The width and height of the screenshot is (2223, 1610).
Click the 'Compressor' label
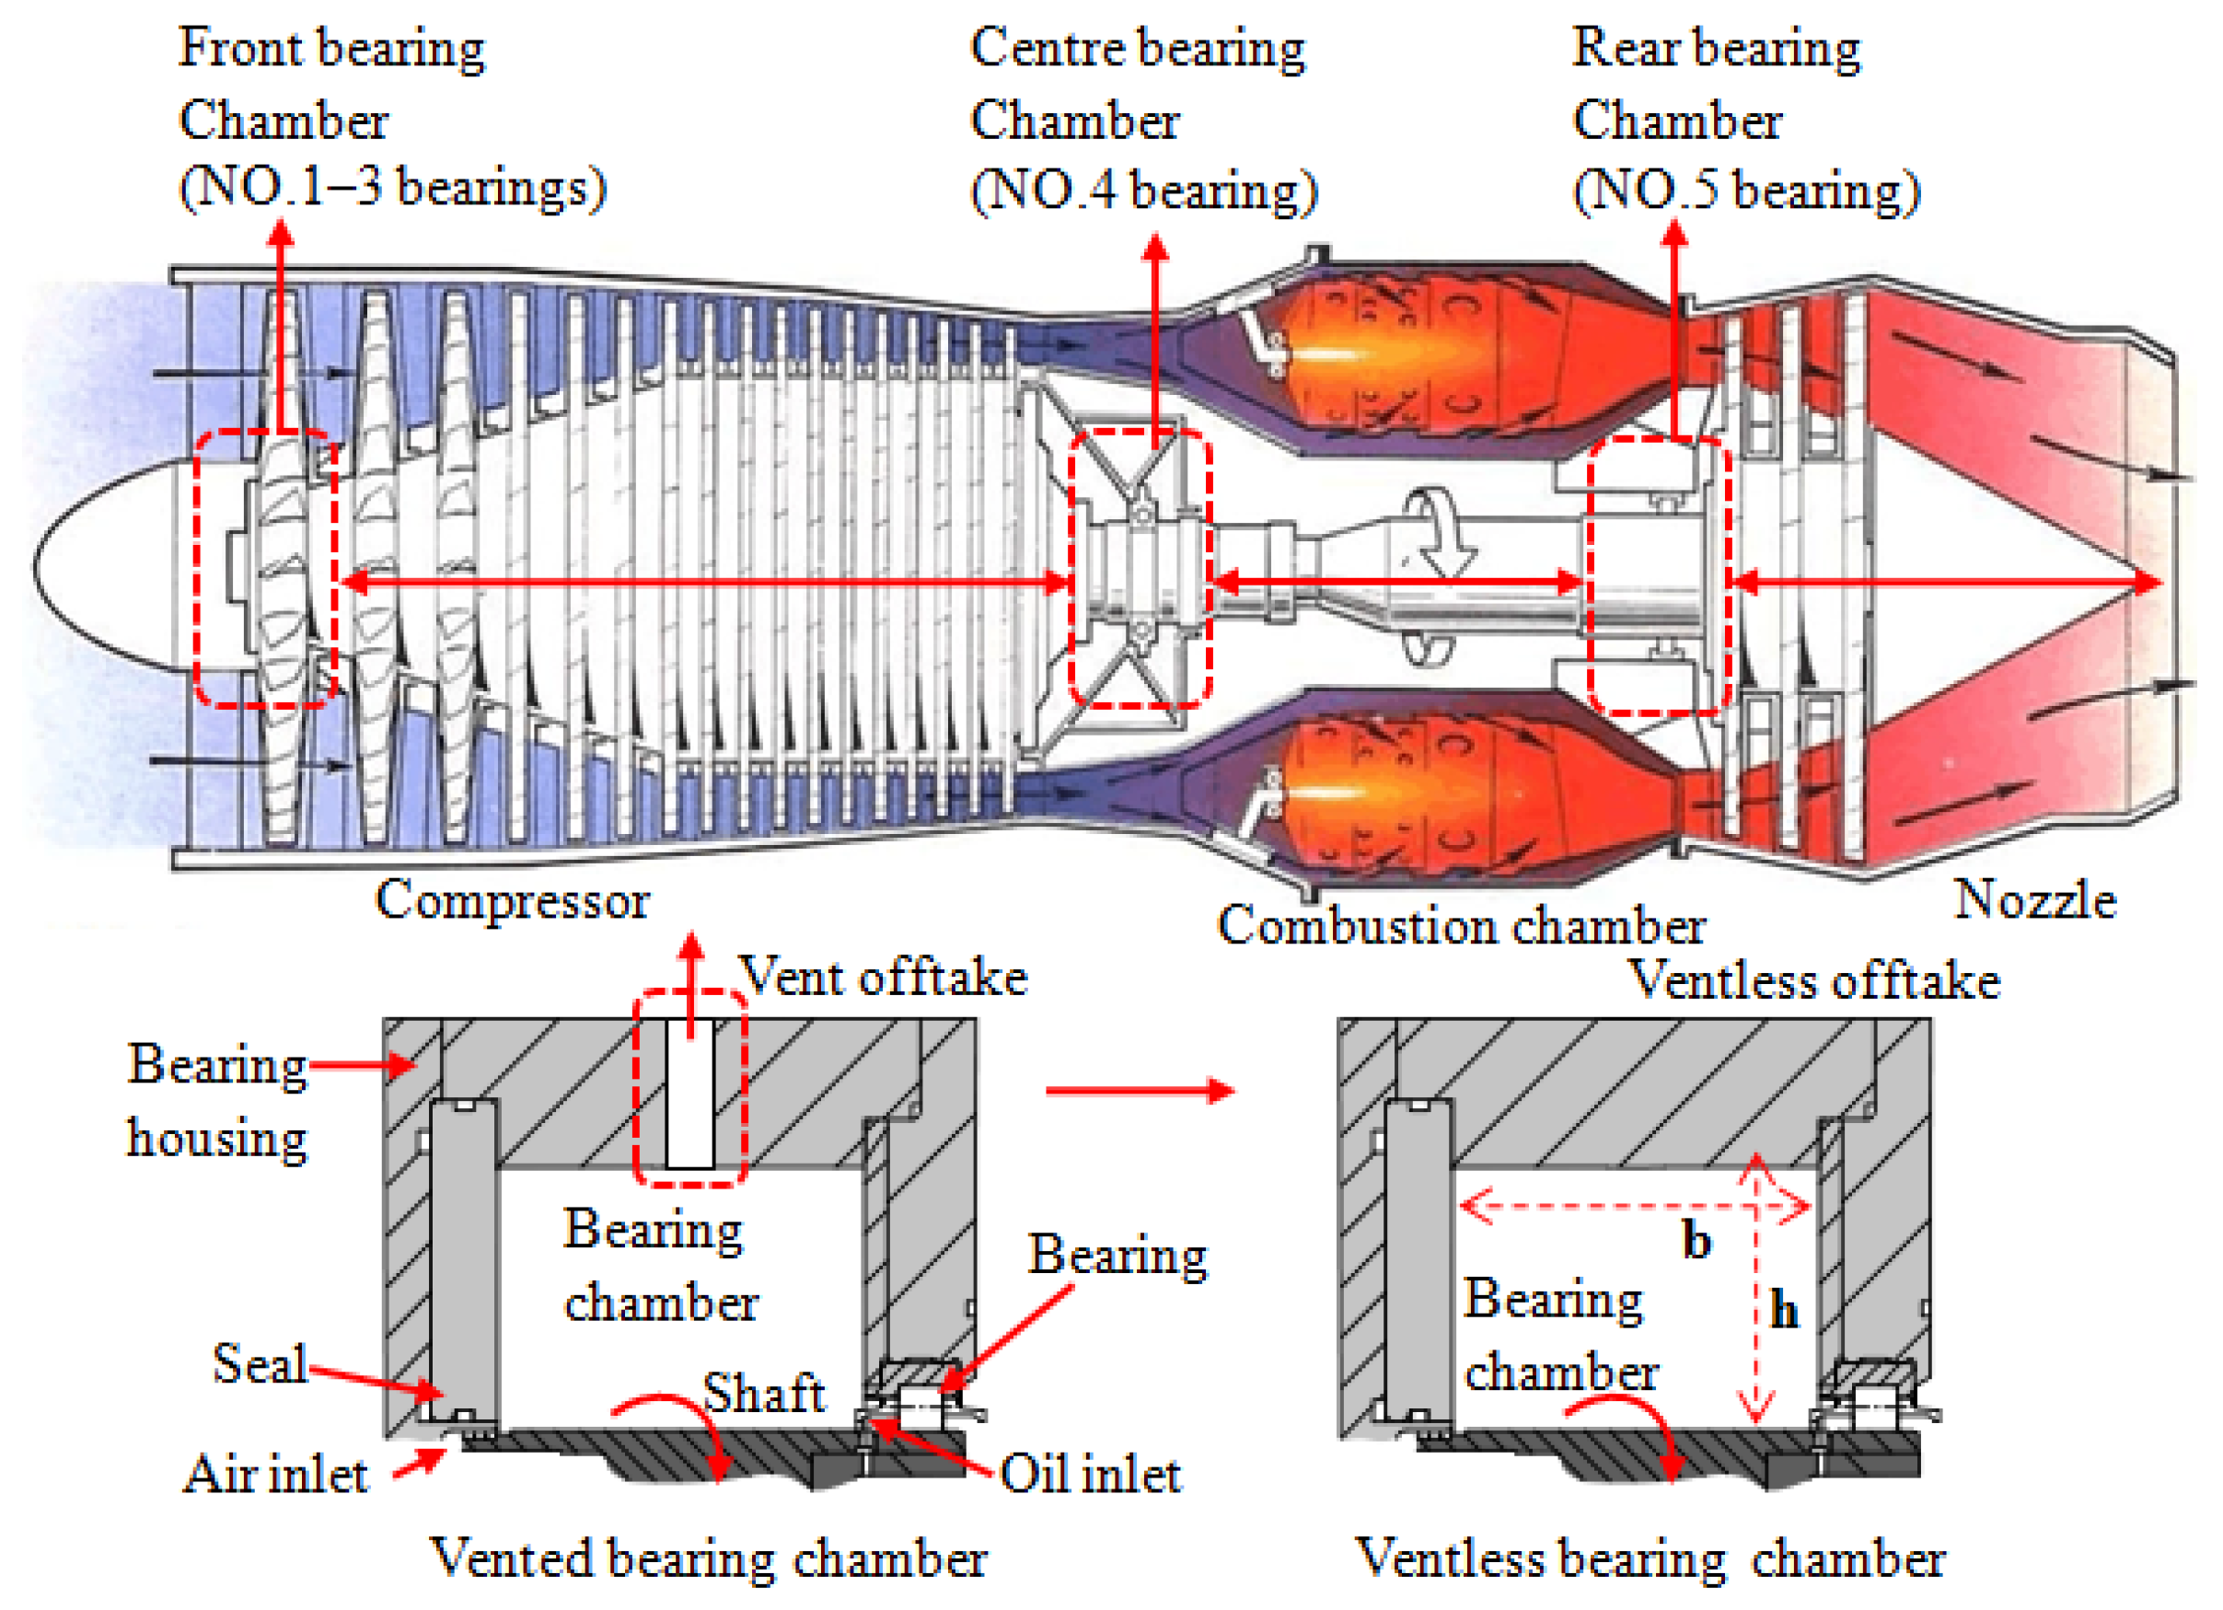(512, 899)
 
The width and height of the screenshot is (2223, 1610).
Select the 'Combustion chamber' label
(1462, 925)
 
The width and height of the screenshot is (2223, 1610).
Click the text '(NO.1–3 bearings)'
(392, 187)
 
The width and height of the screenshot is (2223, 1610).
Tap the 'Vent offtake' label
(882, 977)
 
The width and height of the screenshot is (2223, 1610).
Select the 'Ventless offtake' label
(1813, 980)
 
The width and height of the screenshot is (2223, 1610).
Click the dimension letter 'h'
(1784, 1310)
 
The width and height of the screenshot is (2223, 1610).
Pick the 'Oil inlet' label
(1090, 1475)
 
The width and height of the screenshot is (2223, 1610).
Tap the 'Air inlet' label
(276, 1475)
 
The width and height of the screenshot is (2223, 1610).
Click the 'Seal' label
(260, 1363)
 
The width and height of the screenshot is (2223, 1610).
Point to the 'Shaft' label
(765, 1393)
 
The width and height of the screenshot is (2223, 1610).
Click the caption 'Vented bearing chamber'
(709, 1558)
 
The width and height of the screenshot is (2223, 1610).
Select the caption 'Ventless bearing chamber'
(1650, 1558)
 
